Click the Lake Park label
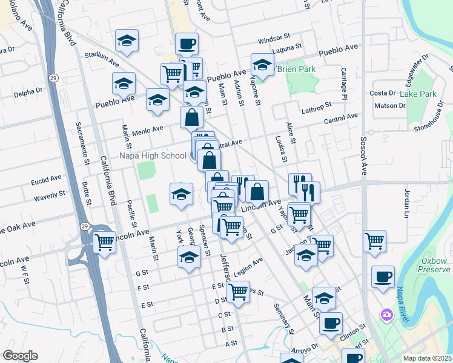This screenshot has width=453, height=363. [418, 94]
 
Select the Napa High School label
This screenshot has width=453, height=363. [153, 155]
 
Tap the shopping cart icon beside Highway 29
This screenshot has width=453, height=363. [105, 242]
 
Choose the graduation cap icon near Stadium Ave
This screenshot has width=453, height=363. [127, 41]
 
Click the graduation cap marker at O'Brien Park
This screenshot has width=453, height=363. [262, 64]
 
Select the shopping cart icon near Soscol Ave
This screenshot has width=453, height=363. [375, 240]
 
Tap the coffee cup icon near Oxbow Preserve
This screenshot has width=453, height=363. [383, 276]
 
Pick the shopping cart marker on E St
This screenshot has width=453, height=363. [238, 292]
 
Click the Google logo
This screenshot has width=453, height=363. [21, 356]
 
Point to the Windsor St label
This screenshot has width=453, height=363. [270, 40]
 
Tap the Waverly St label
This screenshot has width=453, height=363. [49, 195]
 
